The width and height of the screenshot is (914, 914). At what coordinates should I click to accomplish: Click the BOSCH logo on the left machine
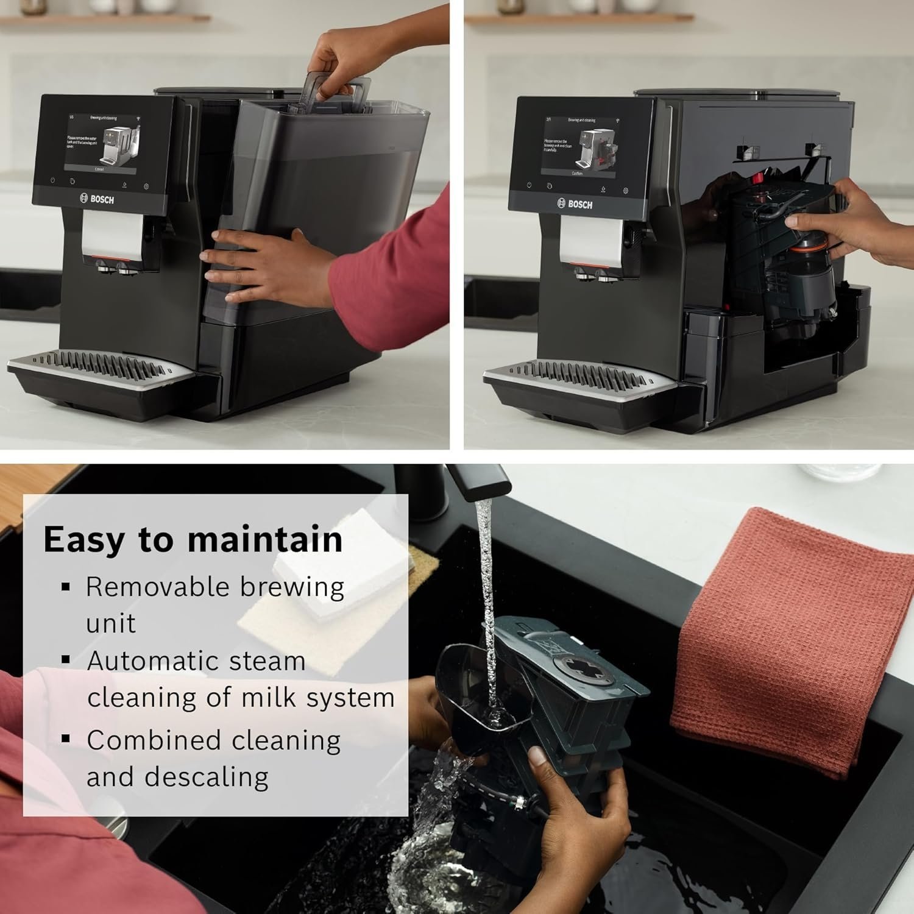pos(97,199)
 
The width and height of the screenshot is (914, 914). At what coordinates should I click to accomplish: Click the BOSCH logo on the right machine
pos(574,204)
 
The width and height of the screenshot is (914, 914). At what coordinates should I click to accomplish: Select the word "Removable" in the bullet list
pos(157,587)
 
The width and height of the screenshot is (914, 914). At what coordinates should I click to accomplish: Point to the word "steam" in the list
pos(271,661)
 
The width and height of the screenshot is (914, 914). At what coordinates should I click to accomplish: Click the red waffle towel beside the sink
pos(792,640)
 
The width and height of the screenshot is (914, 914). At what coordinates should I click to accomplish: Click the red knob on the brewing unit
pos(759,179)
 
